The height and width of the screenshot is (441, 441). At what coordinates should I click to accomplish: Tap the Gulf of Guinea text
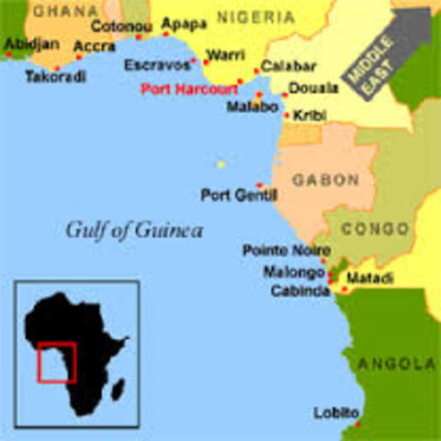pyautogui.click(x=134, y=230)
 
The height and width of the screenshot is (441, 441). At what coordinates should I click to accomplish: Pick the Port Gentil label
pyautogui.click(x=226, y=195)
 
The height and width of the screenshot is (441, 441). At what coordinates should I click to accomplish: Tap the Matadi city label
pyautogui.click(x=372, y=277)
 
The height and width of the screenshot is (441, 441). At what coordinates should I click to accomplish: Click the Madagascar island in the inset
pyautogui.click(x=118, y=390)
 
